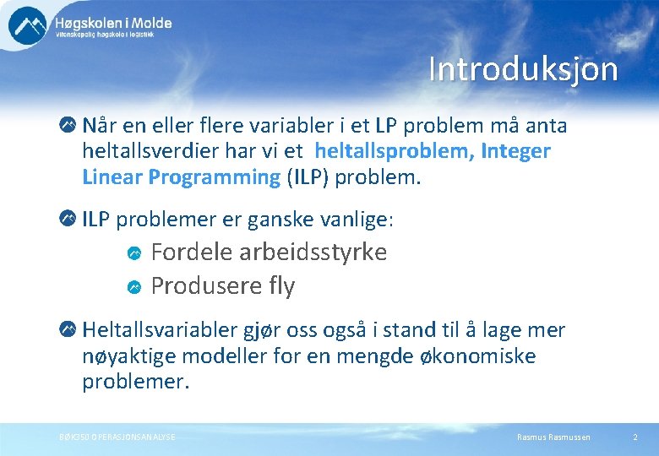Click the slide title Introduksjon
tap(523, 69)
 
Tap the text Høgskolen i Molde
tap(113, 23)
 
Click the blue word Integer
tap(517, 152)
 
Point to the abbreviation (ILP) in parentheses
tap(308, 177)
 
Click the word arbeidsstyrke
tap(313, 252)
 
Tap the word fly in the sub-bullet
tap(281, 287)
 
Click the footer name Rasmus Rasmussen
tap(553, 437)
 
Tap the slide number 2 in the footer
tap(634, 437)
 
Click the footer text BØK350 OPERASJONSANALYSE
tap(117, 437)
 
